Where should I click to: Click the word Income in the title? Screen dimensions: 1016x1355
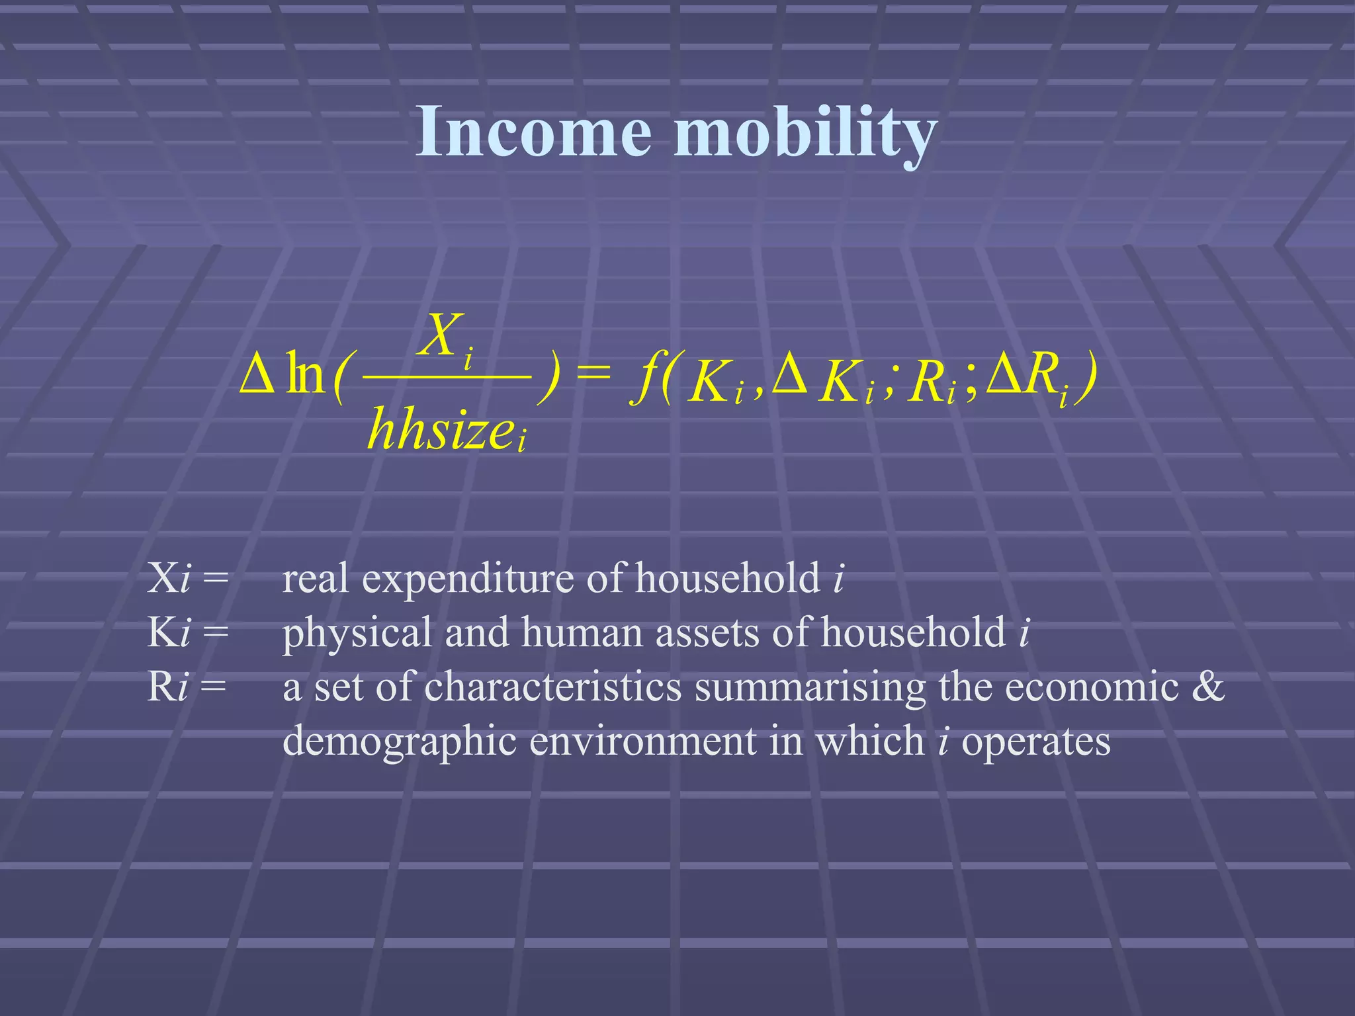click(x=533, y=132)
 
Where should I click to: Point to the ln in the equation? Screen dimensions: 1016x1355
click(x=305, y=375)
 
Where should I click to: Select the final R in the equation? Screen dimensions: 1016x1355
click(x=1040, y=374)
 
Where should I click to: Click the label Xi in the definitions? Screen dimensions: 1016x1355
click(x=169, y=577)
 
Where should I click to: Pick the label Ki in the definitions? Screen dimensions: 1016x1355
click(x=169, y=632)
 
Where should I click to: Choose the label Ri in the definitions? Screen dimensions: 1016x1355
click(x=168, y=686)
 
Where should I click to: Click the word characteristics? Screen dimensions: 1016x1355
click(x=552, y=686)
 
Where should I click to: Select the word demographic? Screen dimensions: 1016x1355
click(x=399, y=741)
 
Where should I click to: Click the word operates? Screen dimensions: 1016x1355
click(x=1035, y=741)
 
